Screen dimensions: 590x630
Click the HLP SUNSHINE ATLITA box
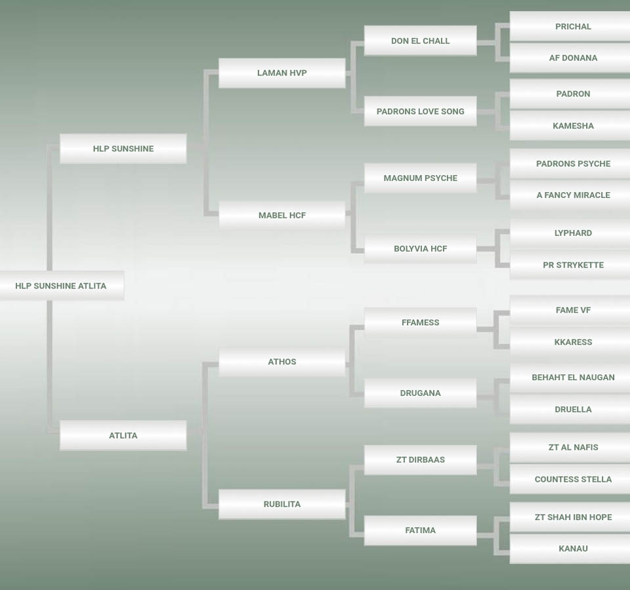(61, 286)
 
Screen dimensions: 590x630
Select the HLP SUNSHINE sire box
(123, 149)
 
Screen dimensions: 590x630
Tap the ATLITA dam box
(123, 435)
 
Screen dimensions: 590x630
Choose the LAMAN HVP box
(282, 73)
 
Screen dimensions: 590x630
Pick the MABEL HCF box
(282, 215)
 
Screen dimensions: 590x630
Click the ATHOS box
(282, 362)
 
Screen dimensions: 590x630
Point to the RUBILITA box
(282, 504)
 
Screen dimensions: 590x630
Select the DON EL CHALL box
(420, 41)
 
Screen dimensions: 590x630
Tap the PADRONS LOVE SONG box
(420, 111)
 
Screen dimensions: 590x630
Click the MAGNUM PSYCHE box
(420, 178)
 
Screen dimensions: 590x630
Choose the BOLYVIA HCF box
(420, 249)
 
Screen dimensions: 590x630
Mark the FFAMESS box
(420, 323)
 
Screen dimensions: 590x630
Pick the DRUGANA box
(420, 393)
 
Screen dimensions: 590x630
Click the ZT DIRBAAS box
(420, 460)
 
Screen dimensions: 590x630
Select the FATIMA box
(420, 530)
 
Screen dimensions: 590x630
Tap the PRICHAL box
(573, 27)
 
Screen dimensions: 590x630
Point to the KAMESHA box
(573, 126)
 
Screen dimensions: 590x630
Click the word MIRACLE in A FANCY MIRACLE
(591, 195)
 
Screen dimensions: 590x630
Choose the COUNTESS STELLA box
(573, 479)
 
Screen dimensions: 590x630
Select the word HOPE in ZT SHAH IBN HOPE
(600, 517)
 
